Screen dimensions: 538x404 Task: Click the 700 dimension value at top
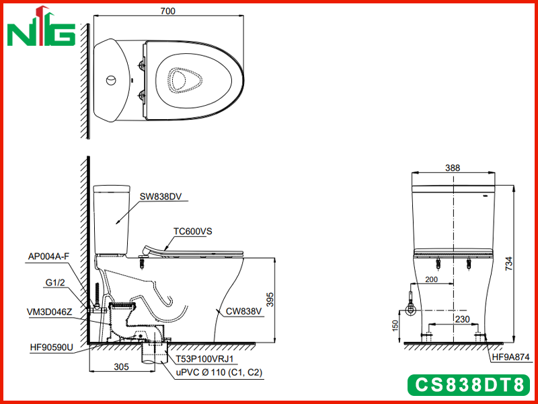click(x=167, y=11)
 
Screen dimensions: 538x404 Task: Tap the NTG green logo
click(x=41, y=26)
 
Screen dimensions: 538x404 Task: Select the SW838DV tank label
click(x=161, y=197)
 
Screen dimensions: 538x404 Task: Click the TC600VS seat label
click(x=192, y=231)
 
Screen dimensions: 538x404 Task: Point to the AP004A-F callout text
click(x=48, y=257)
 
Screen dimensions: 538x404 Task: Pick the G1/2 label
click(x=55, y=282)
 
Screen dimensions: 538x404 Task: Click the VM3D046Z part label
click(x=49, y=312)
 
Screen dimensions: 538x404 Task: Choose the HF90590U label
click(x=52, y=347)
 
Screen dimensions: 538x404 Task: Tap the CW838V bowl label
click(x=243, y=311)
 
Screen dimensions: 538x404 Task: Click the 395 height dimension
click(x=270, y=300)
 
